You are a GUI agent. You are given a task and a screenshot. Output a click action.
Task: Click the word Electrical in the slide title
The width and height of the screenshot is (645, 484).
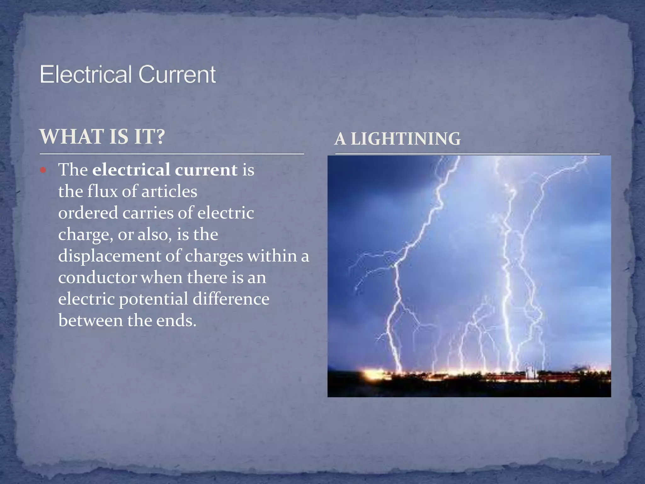85,74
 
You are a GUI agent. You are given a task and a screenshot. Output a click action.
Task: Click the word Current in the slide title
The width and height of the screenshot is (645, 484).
177,74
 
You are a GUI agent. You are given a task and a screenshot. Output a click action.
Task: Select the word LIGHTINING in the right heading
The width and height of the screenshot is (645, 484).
405,139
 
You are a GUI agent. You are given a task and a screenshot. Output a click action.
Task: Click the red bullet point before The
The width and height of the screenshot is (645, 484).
43,171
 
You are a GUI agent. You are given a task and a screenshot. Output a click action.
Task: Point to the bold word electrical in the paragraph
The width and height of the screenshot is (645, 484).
131,170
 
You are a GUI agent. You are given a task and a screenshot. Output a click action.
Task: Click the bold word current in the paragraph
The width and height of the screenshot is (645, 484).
206,170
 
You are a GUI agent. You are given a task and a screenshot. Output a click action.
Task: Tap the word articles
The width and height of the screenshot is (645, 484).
169,191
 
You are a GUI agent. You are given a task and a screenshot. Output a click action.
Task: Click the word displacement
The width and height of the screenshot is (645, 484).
109,256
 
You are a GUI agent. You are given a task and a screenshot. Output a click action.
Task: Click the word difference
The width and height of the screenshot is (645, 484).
231,299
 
